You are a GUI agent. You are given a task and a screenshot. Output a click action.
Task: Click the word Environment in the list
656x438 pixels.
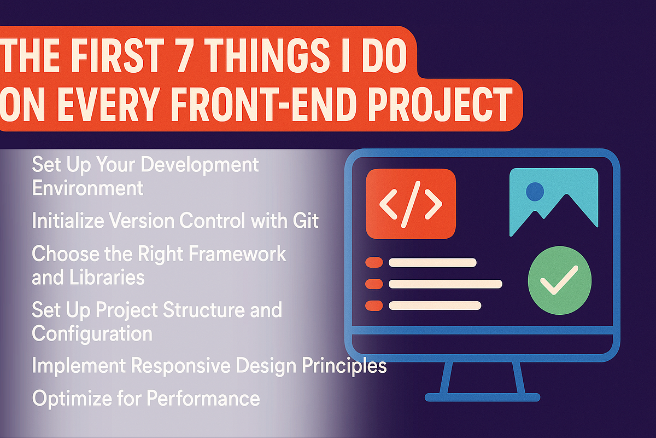pos(87,188)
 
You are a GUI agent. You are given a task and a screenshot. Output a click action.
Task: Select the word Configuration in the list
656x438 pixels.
pos(92,333)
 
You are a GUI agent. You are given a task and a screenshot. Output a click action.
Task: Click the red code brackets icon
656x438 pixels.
pos(411,204)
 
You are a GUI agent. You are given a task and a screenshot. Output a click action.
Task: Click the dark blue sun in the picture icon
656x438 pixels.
pos(535,191)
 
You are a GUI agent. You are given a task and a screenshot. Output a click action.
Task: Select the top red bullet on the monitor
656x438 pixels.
pos(373,263)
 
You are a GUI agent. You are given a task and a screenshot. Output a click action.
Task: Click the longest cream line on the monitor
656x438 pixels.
pos(445,284)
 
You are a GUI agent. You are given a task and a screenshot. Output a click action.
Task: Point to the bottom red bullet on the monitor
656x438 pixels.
pos(373,306)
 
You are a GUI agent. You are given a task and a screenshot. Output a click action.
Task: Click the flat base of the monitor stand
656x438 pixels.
pos(482,396)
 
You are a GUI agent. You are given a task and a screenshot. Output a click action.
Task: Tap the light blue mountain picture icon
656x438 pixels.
pos(553,203)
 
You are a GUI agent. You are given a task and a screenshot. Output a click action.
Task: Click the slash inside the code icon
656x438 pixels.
pos(411,204)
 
